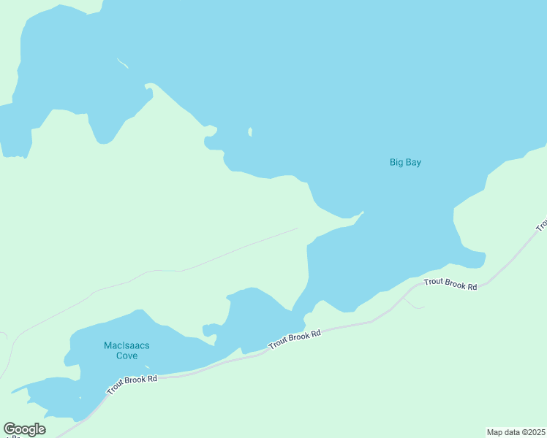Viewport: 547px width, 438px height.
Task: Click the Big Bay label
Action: pyautogui.click(x=405, y=163)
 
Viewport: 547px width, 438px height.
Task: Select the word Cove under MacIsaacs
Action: pyautogui.click(x=127, y=356)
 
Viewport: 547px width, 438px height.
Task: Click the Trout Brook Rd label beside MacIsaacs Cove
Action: pyautogui.click(x=132, y=385)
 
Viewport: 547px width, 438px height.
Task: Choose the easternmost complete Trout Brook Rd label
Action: pyautogui.click(x=450, y=284)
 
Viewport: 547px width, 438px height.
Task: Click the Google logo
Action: pyautogui.click(x=24, y=429)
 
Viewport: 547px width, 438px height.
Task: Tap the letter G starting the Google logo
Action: pyautogui.click(x=10, y=429)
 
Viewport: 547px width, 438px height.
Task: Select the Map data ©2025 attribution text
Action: pyautogui.click(x=516, y=432)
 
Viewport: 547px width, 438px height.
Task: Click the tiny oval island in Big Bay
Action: pyautogui.click(x=250, y=132)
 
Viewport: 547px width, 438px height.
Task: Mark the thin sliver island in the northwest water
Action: pyautogui.click(x=123, y=64)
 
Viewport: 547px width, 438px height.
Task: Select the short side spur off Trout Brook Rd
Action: pyautogui.click(x=413, y=304)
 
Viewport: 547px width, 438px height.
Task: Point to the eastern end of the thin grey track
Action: pyautogui.click(x=297, y=228)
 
